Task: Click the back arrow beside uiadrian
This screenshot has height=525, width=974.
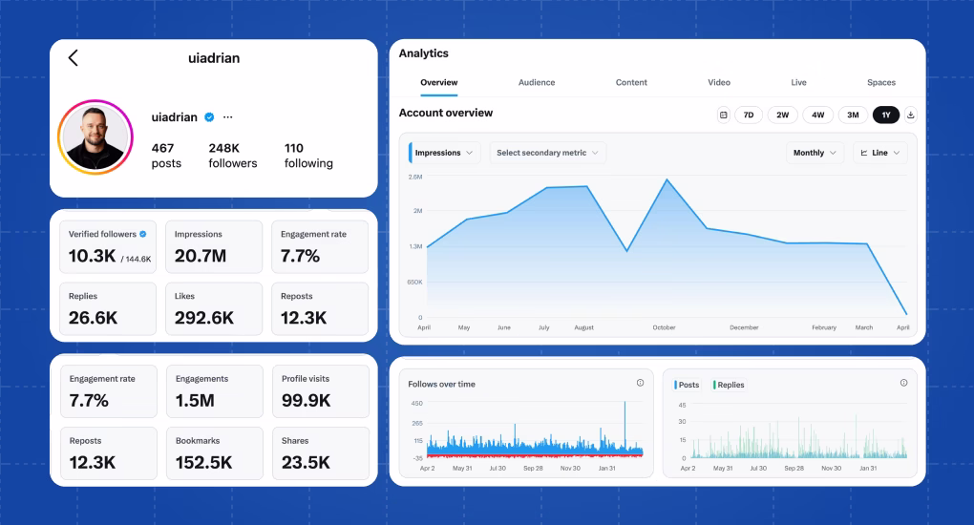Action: (x=74, y=58)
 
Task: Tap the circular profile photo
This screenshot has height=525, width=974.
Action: (x=94, y=136)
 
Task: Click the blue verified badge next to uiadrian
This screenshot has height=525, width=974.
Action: (x=209, y=117)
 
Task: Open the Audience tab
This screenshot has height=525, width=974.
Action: (x=536, y=83)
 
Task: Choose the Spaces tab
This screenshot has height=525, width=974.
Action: (x=880, y=83)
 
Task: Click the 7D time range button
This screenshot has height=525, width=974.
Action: (x=749, y=115)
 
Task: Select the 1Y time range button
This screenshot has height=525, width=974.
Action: (x=885, y=115)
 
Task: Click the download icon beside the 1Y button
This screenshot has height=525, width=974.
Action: (x=910, y=115)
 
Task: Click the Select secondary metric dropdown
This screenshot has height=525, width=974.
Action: (x=547, y=153)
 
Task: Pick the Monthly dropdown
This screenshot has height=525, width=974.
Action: (x=815, y=153)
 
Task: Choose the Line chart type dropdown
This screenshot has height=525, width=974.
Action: (x=879, y=153)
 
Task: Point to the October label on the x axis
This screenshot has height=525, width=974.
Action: (x=664, y=327)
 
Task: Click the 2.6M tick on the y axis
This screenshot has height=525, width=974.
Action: (x=415, y=178)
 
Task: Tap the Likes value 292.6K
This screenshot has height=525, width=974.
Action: (x=204, y=318)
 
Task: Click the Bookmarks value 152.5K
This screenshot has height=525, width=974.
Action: (x=204, y=463)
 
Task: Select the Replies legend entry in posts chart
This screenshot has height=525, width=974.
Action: (x=730, y=385)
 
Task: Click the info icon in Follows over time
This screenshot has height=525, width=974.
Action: (x=640, y=383)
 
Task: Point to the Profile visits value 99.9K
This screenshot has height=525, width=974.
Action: (x=306, y=401)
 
